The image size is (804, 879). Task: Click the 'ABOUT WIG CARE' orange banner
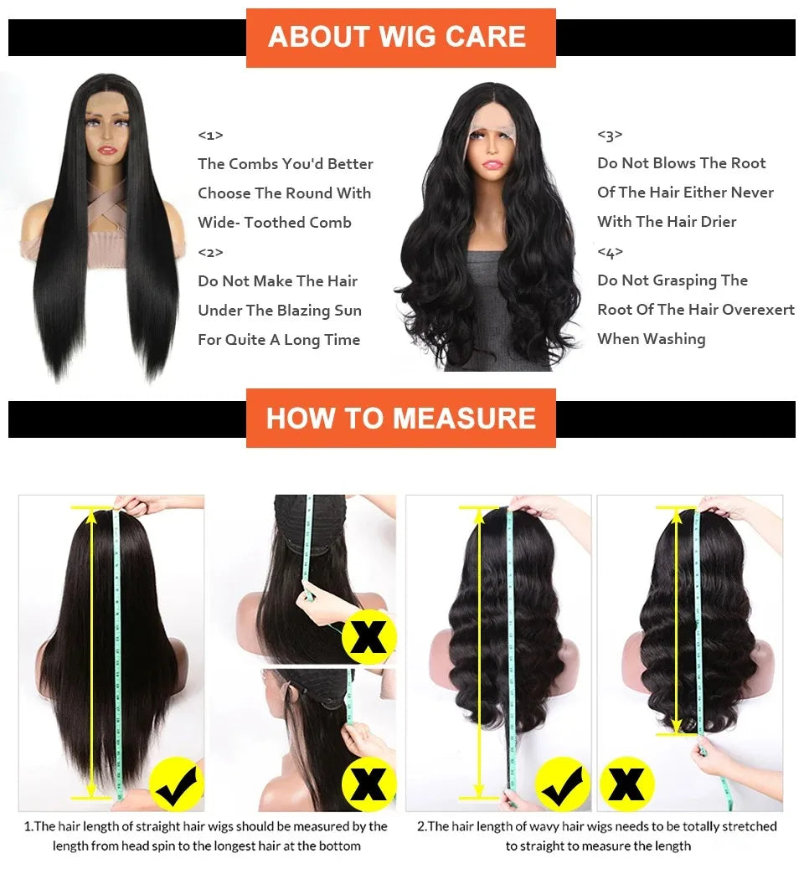click(400, 38)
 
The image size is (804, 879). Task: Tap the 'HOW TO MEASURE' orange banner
click(400, 418)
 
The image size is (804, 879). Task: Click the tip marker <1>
click(210, 135)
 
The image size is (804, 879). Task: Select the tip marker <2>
click(210, 252)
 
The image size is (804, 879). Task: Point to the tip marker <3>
click(610, 135)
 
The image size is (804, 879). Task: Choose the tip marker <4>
click(610, 252)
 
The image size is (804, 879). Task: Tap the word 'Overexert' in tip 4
click(758, 310)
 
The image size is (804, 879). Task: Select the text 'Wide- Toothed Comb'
click(275, 223)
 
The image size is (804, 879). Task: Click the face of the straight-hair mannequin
click(107, 138)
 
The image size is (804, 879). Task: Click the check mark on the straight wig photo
click(176, 784)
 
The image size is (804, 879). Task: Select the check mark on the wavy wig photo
click(562, 784)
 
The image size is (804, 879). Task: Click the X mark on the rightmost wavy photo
click(626, 784)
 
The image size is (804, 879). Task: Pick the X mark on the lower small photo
click(369, 784)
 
